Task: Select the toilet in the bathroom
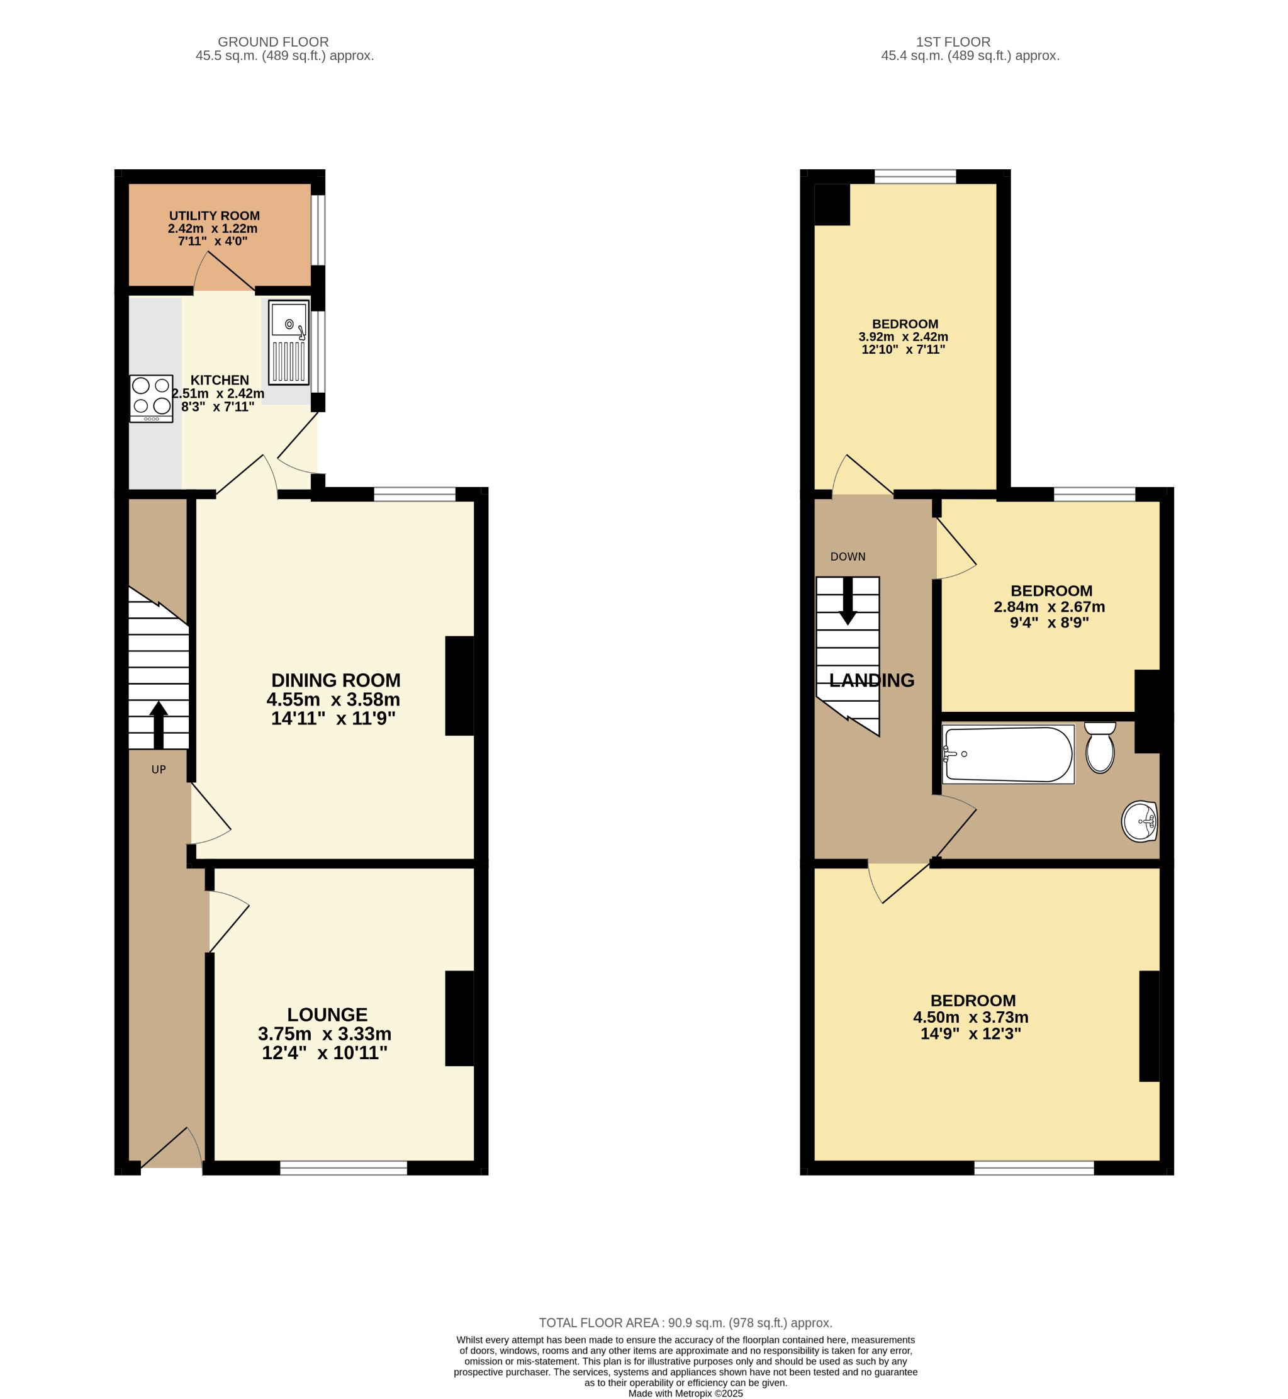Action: point(1100,747)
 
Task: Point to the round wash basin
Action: point(1140,822)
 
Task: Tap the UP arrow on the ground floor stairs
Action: point(159,725)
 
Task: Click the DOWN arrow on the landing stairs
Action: point(848,600)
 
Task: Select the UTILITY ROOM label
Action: point(215,216)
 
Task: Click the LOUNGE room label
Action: point(328,1014)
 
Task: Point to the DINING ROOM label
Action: point(336,680)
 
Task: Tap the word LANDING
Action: point(872,680)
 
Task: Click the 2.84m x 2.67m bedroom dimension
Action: point(1050,607)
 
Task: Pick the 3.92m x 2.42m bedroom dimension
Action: point(904,337)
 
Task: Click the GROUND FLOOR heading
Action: point(273,42)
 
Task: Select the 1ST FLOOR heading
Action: point(954,42)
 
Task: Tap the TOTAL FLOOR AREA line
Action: point(686,1323)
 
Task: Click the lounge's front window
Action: point(344,1168)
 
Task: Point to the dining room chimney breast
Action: point(460,686)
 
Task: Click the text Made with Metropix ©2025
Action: point(686,1393)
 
